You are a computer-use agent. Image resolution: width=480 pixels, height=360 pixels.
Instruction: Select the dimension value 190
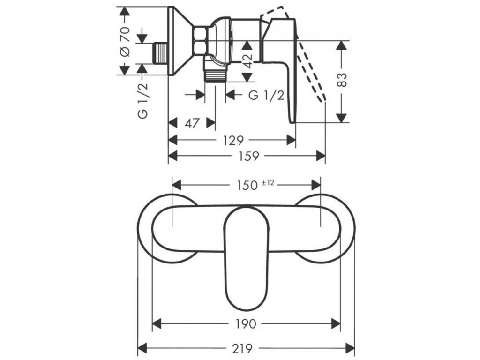[246, 324]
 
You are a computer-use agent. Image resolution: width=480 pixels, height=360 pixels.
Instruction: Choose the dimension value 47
[191, 123]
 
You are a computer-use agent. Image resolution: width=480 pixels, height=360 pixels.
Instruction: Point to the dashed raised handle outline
[309, 66]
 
